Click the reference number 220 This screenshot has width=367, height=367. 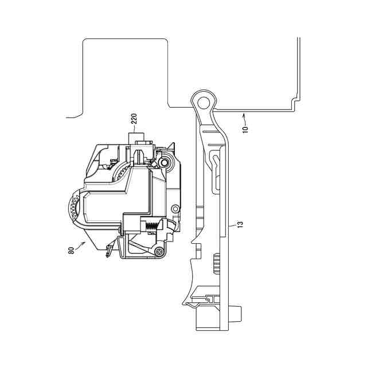click(134, 120)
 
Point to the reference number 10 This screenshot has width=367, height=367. click(245, 127)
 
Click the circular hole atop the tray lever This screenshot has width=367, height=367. click(202, 101)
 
